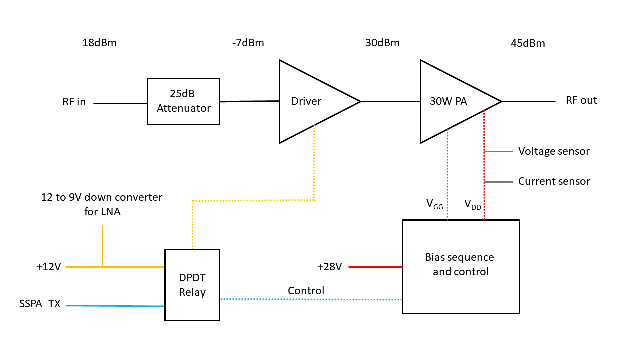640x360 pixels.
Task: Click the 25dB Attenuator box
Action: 183,101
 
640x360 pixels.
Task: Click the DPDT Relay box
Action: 192,285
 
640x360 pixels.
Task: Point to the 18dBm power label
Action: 99,43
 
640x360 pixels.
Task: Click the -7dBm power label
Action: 248,43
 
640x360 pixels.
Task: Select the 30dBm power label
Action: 382,43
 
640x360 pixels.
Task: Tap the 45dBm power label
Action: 528,43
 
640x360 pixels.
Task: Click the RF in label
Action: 74,102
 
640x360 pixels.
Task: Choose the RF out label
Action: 581,100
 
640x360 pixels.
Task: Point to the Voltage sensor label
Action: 554,151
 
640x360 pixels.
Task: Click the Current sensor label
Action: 554,181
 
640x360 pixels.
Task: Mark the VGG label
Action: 434,204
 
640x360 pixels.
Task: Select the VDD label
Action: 473,204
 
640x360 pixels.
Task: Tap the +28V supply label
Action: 329,267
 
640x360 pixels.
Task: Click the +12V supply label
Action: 48,267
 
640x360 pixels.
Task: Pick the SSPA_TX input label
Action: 39,304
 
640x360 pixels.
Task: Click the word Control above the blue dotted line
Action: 306,291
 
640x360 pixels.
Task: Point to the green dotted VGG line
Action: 447,175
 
